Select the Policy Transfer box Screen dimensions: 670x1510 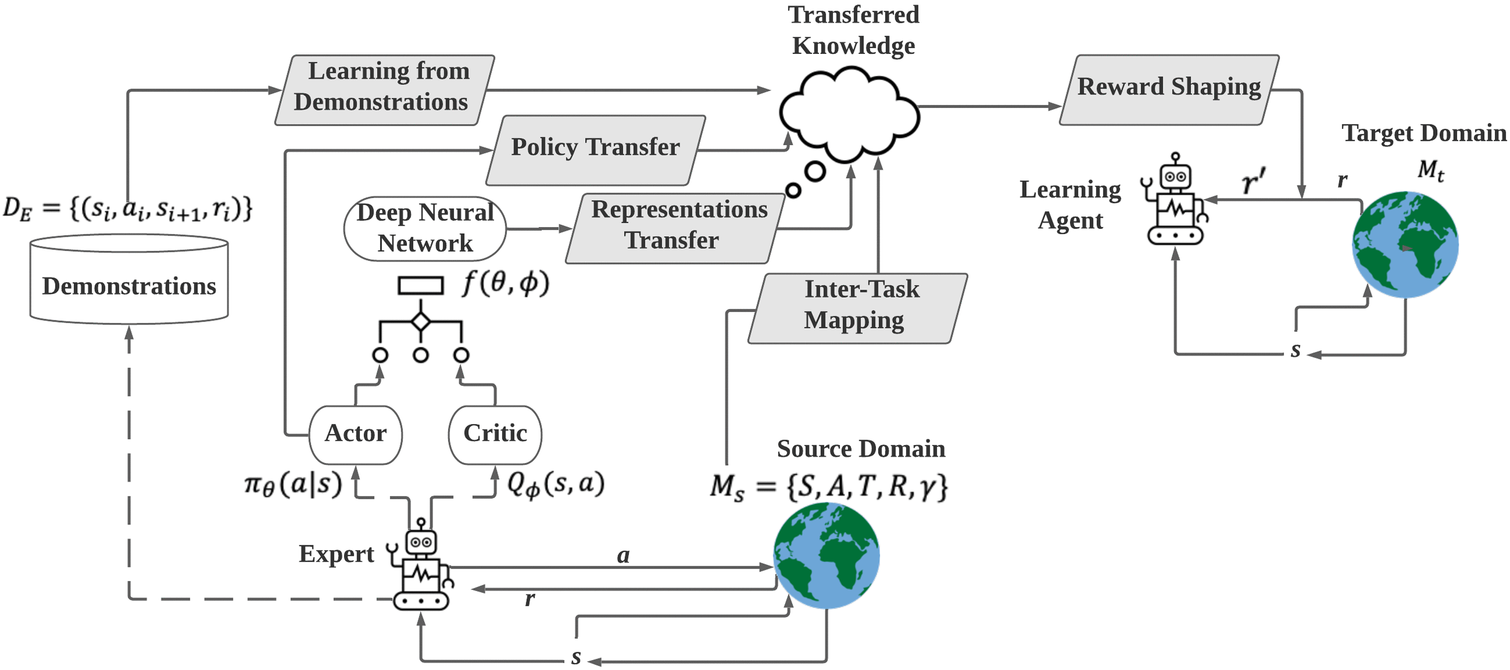tap(595, 149)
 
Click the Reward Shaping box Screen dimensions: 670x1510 tap(1169, 89)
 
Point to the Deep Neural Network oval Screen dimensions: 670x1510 tap(425, 228)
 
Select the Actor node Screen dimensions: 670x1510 tap(355, 434)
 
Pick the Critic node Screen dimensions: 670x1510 tap(495, 434)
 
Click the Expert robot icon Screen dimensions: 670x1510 tap(421, 566)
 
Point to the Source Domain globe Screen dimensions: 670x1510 tap(826, 556)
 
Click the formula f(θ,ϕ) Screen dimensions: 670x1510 tap(505, 284)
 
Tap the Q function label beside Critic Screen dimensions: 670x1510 tap(554, 484)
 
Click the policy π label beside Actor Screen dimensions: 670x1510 tap(292, 486)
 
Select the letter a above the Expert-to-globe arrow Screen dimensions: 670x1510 tap(623, 555)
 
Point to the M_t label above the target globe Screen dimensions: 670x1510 tap(1430, 170)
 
